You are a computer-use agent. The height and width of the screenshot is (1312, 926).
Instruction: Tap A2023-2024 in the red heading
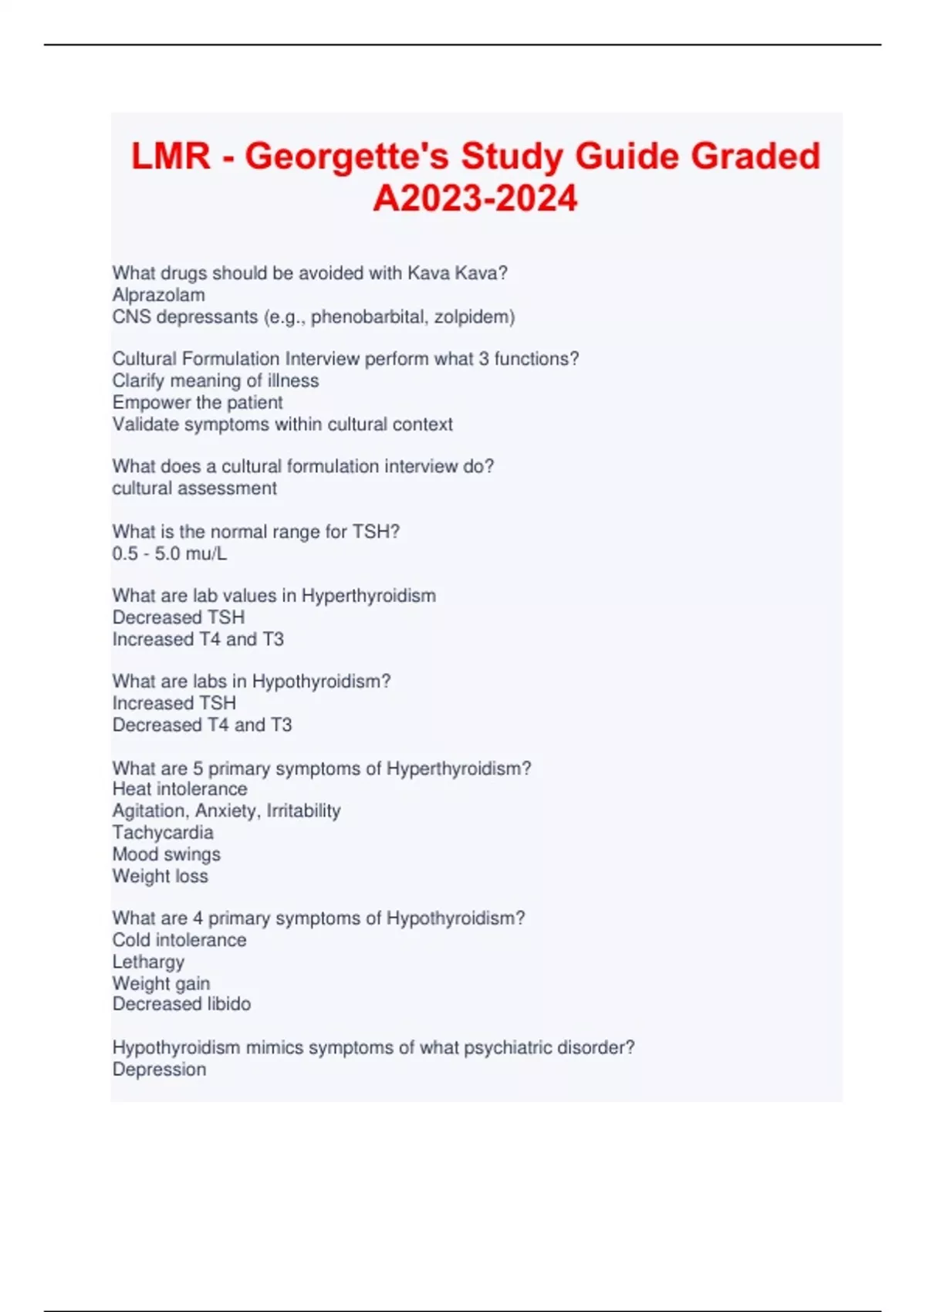tap(475, 198)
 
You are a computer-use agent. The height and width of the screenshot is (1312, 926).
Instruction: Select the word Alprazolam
tap(158, 295)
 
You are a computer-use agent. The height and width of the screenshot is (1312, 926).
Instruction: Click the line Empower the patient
tap(198, 402)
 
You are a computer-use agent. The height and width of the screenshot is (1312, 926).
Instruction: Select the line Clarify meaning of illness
tap(215, 380)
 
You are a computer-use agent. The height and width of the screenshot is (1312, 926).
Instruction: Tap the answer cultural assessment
tap(194, 488)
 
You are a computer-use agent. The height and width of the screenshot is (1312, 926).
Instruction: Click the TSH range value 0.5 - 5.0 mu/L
tap(170, 553)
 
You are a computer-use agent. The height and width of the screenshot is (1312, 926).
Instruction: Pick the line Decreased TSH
tap(178, 617)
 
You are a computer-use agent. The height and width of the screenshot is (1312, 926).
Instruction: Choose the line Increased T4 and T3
tap(198, 639)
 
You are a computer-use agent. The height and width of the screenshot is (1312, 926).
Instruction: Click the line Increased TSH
tap(174, 703)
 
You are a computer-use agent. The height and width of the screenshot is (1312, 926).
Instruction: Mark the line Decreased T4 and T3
tap(202, 725)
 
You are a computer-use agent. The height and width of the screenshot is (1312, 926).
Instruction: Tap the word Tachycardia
tap(163, 832)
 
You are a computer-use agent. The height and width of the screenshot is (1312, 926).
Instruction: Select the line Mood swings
tap(167, 854)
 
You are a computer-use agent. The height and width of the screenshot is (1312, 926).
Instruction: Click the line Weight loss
tap(161, 876)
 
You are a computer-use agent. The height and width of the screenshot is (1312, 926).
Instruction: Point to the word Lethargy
tap(149, 962)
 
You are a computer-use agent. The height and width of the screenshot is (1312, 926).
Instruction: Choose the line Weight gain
tap(161, 983)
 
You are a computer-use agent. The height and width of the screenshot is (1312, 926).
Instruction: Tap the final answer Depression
tap(160, 1069)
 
